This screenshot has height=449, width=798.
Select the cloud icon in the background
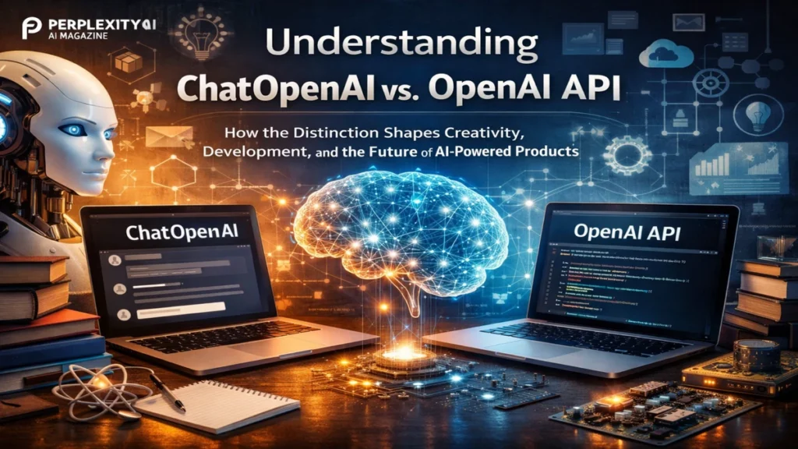(x=660, y=55)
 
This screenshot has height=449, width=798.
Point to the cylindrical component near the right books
(x=754, y=355)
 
